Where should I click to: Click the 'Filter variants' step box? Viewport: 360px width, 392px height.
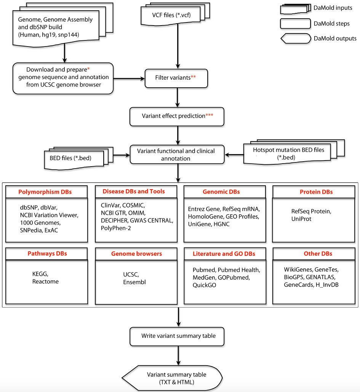[176, 78]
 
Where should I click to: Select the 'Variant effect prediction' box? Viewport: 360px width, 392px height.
[176, 116]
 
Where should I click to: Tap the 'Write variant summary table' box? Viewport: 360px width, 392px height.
[178, 336]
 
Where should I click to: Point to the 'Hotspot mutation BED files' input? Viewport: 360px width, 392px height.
[288, 153]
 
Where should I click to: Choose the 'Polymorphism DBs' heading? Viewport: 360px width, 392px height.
[45, 192]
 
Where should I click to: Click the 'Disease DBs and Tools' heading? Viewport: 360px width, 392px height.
[133, 191]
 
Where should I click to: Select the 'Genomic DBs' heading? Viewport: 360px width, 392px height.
[222, 192]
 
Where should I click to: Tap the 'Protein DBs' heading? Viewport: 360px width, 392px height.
[311, 192]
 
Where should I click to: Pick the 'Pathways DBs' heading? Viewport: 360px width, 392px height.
[45, 254]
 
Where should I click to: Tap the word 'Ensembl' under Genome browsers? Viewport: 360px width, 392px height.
[134, 282]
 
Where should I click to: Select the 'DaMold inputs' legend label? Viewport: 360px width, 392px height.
[333, 8]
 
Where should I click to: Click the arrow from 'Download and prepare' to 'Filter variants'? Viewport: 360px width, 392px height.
[130, 79]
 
